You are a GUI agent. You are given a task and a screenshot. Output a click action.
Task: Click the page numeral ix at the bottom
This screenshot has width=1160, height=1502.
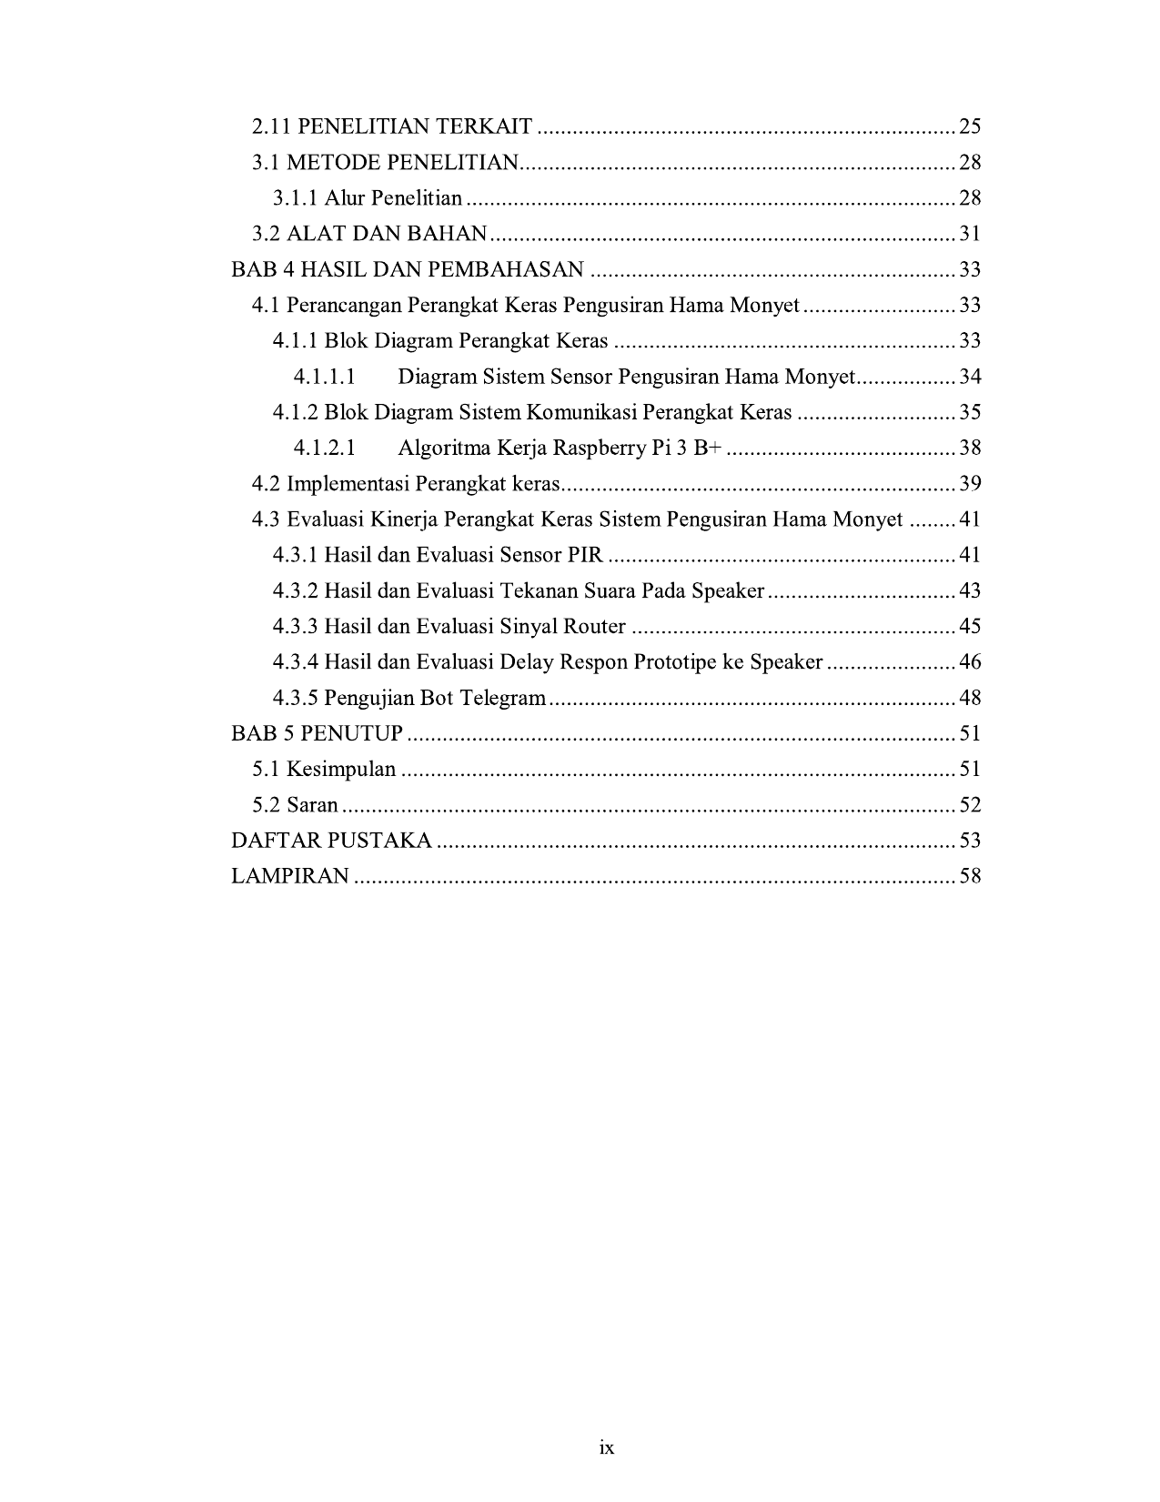[607, 1447]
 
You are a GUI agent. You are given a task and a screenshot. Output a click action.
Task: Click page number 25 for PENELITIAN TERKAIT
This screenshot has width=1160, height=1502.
[970, 126]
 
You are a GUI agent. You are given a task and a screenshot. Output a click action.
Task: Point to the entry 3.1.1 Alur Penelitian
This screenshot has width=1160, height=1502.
[368, 198]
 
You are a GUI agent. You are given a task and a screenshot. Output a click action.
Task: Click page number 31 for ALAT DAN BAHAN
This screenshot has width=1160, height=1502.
[970, 234]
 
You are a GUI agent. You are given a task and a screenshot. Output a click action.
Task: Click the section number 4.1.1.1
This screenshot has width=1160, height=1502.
[324, 377]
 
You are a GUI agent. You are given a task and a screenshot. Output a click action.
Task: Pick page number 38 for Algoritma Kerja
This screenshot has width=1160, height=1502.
[970, 448]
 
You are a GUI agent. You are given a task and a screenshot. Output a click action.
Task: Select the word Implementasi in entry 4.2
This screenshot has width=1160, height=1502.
[344, 483]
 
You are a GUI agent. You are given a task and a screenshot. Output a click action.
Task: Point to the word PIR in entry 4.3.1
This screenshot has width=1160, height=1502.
[586, 555]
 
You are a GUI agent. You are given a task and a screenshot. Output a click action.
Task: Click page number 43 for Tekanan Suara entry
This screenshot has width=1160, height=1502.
[970, 590]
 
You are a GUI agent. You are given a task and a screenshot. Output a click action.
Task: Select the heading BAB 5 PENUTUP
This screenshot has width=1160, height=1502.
[317, 733]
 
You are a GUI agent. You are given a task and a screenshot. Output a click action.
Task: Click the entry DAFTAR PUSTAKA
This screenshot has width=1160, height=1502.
[331, 840]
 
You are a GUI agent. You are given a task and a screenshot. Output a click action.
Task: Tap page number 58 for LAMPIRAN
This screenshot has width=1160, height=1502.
[970, 876]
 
